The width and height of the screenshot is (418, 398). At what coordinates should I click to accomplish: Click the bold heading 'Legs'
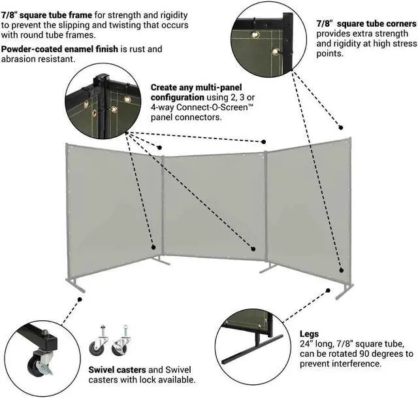pos(309,333)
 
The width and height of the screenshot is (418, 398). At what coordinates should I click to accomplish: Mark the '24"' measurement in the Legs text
pos(306,343)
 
